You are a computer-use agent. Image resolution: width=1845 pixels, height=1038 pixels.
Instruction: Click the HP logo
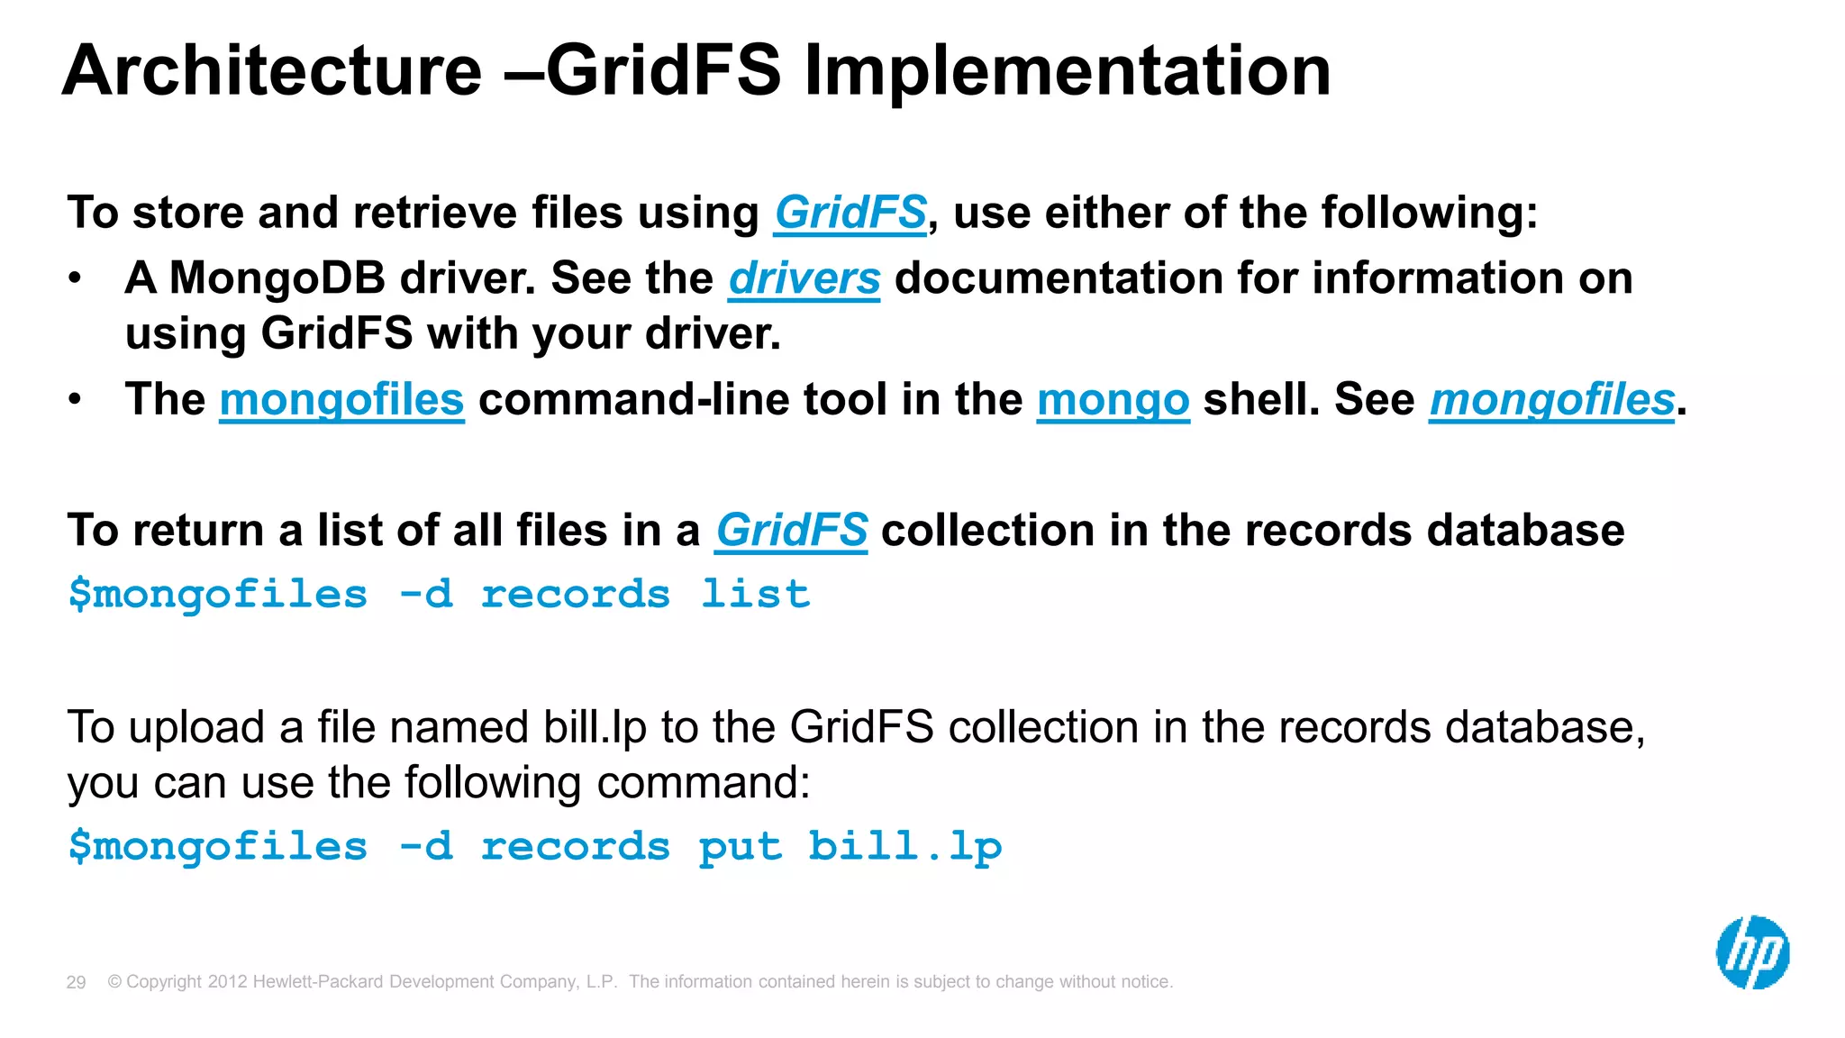pos(1752,953)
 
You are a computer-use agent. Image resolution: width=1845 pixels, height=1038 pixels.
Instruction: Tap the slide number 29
pos(76,982)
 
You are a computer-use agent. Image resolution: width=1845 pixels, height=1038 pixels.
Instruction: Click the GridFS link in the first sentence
pos(850,214)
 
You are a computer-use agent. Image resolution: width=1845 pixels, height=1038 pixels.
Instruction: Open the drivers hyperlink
pos(804,278)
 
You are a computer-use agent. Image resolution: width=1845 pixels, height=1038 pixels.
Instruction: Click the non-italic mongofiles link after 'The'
pos(341,399)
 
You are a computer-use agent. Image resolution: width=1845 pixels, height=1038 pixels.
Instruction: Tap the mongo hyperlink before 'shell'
pos(1113,399)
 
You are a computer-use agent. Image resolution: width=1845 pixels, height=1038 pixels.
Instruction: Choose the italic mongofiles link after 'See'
pos(1551,399)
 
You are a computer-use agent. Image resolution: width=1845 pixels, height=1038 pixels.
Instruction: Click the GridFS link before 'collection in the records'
pos(791,530)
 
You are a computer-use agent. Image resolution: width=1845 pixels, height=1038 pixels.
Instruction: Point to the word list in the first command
pos(755,595)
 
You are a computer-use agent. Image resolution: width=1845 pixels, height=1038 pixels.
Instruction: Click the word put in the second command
pos(741,847)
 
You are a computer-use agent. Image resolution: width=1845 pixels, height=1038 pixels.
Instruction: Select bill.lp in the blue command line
pos(904,847)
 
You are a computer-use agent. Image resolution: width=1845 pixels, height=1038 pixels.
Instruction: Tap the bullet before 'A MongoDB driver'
pos(76,278)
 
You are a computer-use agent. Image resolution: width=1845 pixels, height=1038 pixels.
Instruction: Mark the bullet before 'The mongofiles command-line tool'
pos(76,399)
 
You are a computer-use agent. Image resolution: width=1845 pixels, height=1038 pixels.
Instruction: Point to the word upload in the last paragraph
pos(196,727)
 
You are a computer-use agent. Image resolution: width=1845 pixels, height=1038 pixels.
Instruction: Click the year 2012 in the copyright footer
pos(227,982)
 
